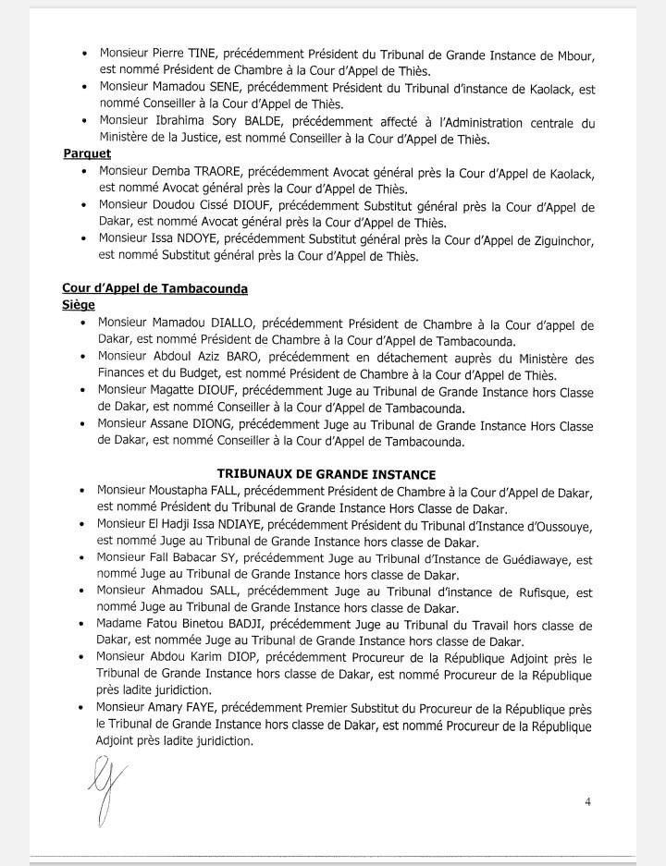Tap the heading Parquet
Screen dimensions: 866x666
86,153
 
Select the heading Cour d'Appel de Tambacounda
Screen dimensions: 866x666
154,288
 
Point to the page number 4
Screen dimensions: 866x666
587,801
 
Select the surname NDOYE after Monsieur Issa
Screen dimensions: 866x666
223,240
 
